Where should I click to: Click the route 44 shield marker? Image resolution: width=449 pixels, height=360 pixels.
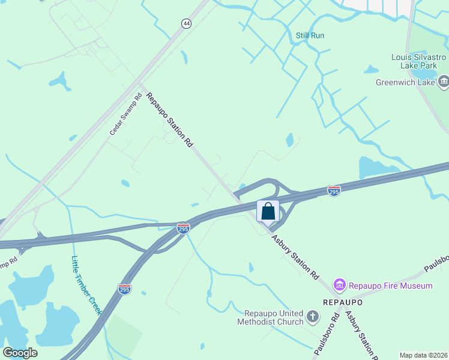pyautogui.click(x=187, y=23)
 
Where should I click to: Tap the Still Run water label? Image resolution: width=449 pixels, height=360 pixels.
pyautogui.click(x=310, y=35)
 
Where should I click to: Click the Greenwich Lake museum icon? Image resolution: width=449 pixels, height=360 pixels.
pyautogui.click(x=444, y=82)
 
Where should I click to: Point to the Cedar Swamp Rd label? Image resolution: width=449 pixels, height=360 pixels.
pyautogui.click(x=126, y=113)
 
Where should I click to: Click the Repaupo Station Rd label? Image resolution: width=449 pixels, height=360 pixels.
pyautogui.click(x=170, y=119)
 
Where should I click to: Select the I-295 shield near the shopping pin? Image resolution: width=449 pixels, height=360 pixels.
pyautogui.click(x=334, y=191)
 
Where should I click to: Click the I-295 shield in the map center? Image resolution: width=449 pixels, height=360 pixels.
pyautogui.click(x=184, y=228)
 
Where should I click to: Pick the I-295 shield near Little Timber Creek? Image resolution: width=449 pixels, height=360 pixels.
pyautogui.click(x=124, y=289)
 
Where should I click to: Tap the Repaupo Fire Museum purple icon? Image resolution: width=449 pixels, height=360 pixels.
pyautogui.click(x=339, y=285)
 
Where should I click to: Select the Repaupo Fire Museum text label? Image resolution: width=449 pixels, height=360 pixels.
pyautogui.click(x=391, y=286)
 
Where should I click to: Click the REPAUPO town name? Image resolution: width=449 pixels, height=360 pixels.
pyautogui.click(x=342, y=302)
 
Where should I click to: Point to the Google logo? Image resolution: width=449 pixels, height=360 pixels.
pyautogui.click(x=20, y=353)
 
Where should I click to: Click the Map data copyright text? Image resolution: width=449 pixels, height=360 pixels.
pyautogui.click(x=423, y=355)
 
